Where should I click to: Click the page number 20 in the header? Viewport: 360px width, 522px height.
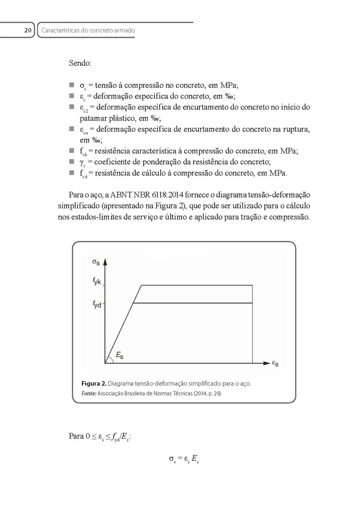point(27,30)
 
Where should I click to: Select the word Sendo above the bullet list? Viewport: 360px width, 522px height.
point(80,63)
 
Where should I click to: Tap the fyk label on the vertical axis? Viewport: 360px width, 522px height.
point(97,282)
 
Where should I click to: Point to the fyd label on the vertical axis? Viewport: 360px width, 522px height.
point(97,304)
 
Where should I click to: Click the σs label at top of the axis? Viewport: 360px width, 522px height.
point(96,262)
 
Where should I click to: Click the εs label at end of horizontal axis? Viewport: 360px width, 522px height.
point(275,364)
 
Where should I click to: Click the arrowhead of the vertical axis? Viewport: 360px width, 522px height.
point(105,262)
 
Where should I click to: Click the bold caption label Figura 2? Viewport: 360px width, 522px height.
point(94,384)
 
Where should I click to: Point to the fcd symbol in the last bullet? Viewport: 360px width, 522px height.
point(83,174)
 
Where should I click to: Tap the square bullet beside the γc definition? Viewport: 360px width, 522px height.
point(71,162)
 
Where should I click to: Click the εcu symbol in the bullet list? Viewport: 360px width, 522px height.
point(84,130)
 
